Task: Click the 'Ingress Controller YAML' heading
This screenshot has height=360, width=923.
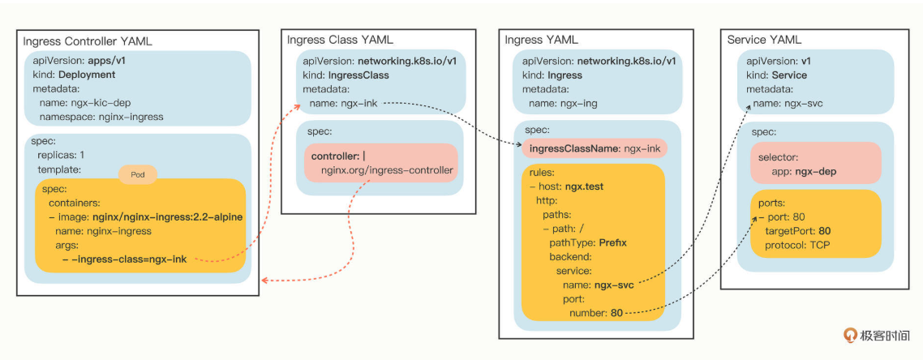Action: (88, 41)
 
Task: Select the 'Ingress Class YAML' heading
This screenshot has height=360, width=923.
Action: (340, 39)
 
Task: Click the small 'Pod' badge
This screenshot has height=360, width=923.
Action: (137, 174)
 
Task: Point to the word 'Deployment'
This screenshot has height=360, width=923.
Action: (87, 75)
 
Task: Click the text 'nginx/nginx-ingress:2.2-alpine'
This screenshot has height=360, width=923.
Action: (168, 216)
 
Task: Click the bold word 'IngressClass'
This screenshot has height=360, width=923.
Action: (358, 75)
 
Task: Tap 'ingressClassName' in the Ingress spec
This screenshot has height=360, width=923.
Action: (575, 148)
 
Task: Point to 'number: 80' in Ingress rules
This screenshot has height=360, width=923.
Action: (595, 312)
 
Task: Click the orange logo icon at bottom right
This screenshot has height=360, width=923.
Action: (851, 335)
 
